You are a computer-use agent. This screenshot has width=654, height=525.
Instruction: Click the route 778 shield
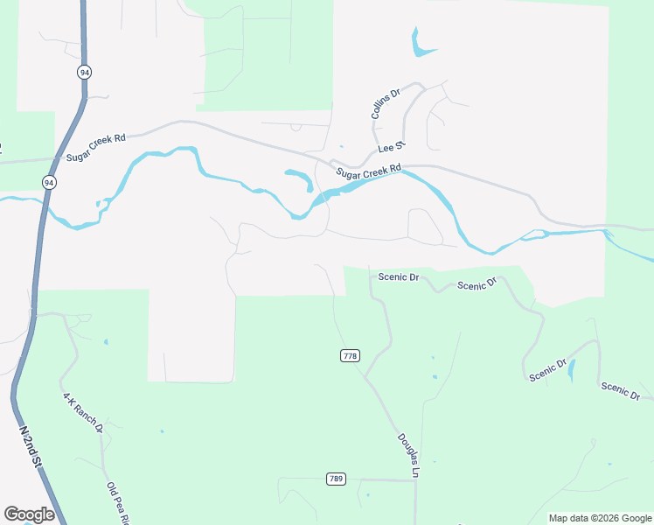coord(350,355)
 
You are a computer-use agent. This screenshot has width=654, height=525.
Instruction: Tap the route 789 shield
coord(335,479)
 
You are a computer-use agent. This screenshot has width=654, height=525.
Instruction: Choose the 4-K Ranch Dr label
coord(82,413)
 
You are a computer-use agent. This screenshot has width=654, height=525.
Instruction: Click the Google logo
coord(29,514)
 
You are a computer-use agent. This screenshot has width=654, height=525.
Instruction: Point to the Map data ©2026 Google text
coord(599,518)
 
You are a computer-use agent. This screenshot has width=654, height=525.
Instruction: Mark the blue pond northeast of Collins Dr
coord(421,44)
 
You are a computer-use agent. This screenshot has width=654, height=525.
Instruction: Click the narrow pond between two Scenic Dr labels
coord(572,370)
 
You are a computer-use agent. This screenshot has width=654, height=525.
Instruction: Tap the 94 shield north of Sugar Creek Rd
coord(84,72)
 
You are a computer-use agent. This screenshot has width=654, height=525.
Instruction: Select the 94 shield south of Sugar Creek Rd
coord(49,182)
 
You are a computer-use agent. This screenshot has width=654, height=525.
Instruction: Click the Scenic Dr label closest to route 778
coord(399,276)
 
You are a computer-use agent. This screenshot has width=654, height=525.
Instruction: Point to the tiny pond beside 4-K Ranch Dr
coord(106,341)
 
